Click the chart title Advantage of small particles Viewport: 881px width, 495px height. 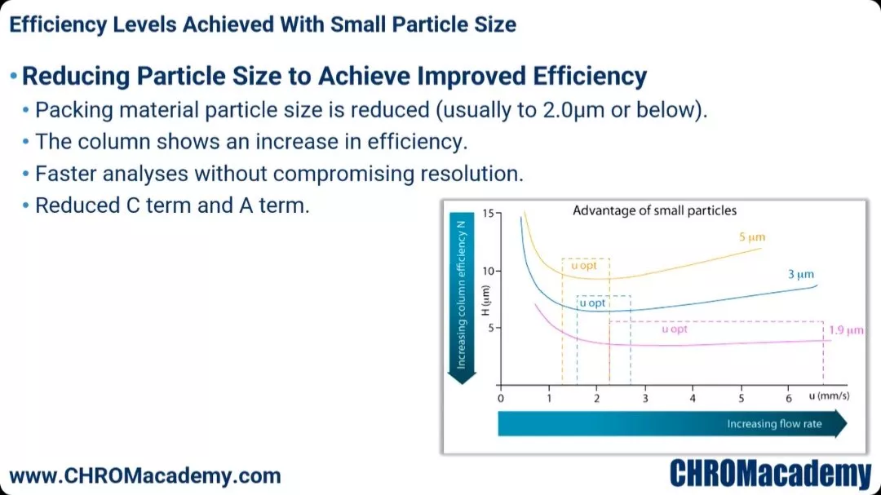(x=654, y=210)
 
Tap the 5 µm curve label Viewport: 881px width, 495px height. (x=752, y=237)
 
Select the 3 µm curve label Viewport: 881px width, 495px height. (x=801, y=274)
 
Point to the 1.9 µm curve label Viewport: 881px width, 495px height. (x=846, y=329)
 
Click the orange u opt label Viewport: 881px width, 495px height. (x=584, y=265)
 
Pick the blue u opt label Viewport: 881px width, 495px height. (x=592, y=303)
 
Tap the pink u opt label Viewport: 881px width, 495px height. (x=675, y=329)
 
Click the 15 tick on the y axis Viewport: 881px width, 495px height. (x=488, y=214)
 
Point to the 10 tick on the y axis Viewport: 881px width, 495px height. (x=488, y=271)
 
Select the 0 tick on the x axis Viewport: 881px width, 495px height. (x=501, y=398)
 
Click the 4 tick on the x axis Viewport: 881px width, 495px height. (x=693, y=398)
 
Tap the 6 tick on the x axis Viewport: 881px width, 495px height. (x=788, y=398)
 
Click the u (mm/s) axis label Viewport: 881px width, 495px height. (x=829, y=396)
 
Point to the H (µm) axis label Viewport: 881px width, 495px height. (x=485, y=301)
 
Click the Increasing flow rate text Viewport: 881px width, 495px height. (x=774, y=423)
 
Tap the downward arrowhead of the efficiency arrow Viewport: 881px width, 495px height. (x=462, y=377)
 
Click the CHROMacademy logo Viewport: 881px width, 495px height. (x=770, y=474)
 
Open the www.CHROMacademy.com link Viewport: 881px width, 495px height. (x=145, y=476)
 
